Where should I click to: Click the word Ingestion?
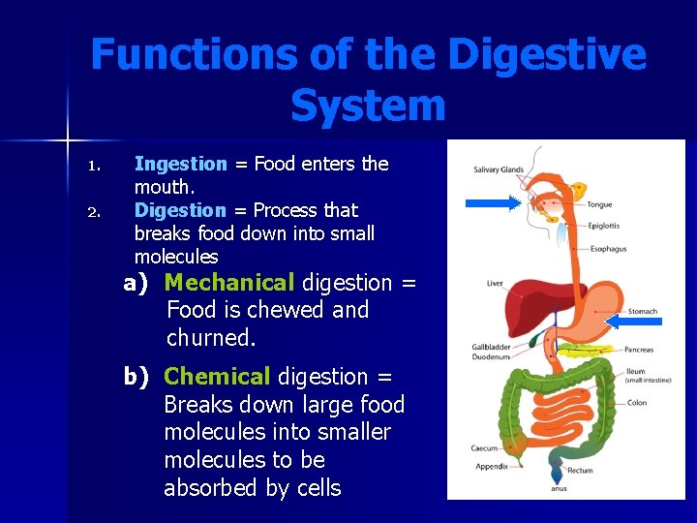(180, 165)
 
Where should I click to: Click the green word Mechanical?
(228, 283)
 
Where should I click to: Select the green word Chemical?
(217, 377)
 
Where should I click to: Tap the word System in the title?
(367, 105)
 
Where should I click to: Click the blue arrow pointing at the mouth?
(492, 203)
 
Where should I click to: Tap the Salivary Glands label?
(499, 170)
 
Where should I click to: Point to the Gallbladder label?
(491, 347)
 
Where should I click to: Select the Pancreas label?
(639, 350)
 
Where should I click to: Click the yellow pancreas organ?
(591, 347)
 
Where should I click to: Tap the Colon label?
(637, 403)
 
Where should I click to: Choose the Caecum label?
(485, 448)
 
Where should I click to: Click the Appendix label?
(492, 466)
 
